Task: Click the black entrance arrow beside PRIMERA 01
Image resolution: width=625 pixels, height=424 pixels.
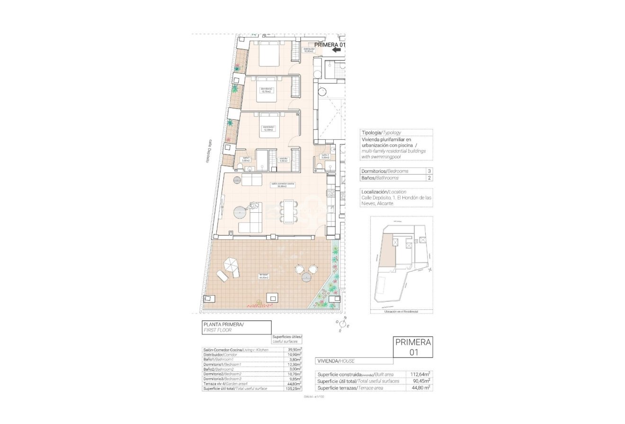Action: click(337, 49)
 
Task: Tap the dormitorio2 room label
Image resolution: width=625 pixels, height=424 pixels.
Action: click(267, 90)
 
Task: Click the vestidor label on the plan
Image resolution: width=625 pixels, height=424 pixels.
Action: click(284, 160)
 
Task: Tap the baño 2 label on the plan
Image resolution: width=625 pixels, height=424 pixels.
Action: click(325, 156)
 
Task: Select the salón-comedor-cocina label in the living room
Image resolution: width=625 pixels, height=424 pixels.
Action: click(283, 185)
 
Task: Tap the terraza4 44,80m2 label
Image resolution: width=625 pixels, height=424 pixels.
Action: click(263, 276)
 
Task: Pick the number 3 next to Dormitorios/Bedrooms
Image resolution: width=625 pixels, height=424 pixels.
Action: click(429, 171)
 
